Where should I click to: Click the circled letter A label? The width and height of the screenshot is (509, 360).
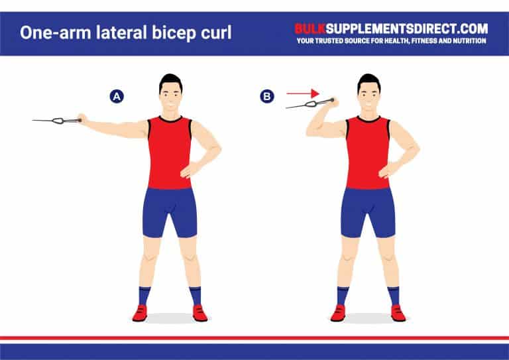(x=117, y=97)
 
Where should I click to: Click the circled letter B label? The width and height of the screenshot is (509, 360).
(x=266, y=97)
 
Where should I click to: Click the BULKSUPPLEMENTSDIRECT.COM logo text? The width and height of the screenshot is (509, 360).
(x=391, y=29)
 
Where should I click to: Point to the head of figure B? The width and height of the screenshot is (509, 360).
(x=368, y=92)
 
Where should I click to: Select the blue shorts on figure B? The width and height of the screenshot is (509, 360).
(x=368, y=211)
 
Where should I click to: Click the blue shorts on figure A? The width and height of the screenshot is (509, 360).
(x=170, y=211)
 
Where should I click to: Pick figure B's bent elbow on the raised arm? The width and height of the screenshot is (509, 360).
(x=311, y=131)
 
